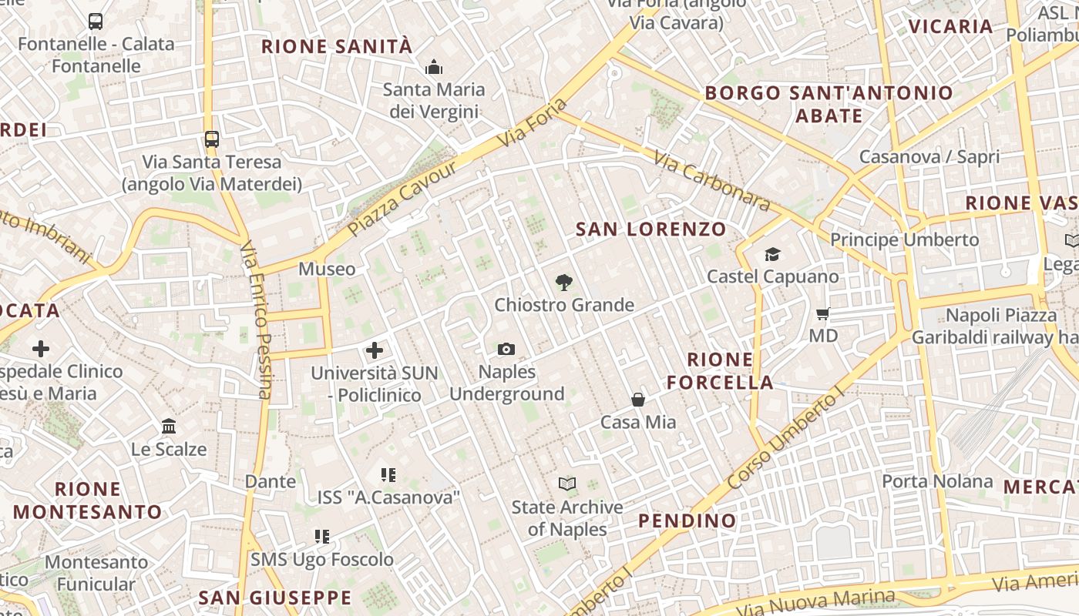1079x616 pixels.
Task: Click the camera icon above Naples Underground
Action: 506,350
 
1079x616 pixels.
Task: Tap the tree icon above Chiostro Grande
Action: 564,283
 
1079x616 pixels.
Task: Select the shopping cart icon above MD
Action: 823,313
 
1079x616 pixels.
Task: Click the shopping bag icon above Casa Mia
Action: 638,400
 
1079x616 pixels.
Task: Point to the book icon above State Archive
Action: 567,484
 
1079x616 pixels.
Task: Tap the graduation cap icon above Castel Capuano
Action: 772,254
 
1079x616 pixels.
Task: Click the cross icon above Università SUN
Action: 375,350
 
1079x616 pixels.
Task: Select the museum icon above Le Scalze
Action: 169,426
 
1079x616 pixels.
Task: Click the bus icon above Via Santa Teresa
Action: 212,139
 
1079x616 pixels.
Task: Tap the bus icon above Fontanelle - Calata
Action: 96,22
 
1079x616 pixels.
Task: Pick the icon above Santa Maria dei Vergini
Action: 434,68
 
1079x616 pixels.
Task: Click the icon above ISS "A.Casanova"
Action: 388,475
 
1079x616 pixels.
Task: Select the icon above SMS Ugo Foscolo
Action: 322,537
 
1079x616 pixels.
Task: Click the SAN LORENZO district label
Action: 651,229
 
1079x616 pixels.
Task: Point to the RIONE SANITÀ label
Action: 337,46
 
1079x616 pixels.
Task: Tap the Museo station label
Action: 327,269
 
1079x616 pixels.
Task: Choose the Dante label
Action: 270,481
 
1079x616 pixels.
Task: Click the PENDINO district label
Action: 687,521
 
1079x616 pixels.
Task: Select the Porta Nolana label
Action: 937,481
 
